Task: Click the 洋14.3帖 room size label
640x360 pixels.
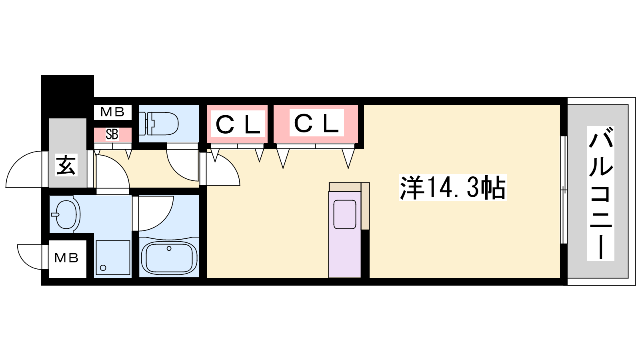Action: coord(453,188)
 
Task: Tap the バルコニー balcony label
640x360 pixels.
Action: coord(600,194)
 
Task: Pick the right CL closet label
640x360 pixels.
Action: coord(316,123)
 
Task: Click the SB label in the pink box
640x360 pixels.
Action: coord(112,134)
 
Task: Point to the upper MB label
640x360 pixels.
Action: coord(112,112)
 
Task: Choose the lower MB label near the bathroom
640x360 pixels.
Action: coord(66,258)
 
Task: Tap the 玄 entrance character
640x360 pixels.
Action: coord(66,165)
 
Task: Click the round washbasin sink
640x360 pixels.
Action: coord(66,214)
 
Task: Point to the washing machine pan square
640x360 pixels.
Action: coord(113,258)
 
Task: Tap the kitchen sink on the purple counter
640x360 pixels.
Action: coord(344,214)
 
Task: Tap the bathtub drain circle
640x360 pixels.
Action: coord(169,248)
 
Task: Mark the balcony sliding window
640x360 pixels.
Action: coord(564,190)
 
